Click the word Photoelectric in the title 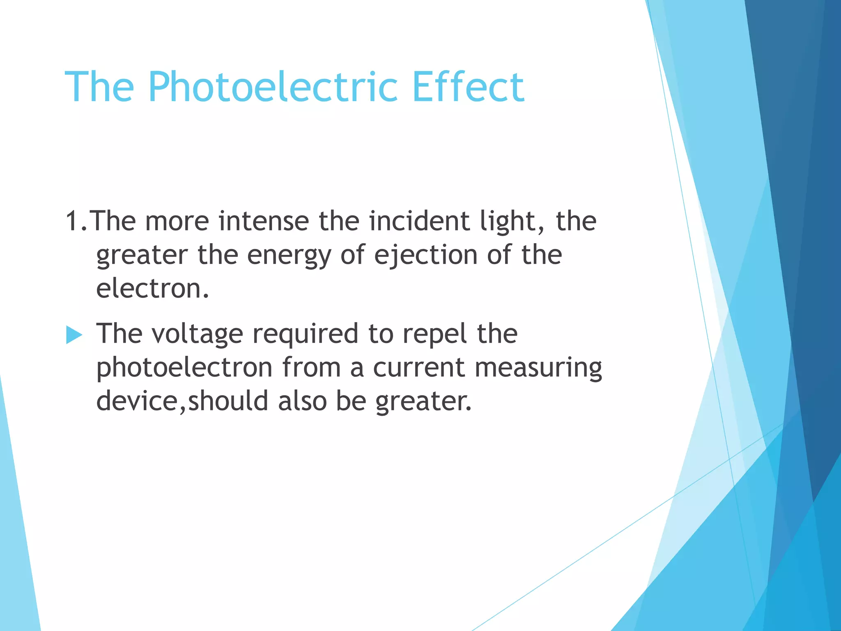point(273,87)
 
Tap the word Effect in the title point(468,87)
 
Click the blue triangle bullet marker point(74,335)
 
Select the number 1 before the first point point(72,221)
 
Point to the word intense point(264,221)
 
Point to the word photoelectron point(184,367)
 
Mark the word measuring point(538,368)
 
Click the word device point(136,401)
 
